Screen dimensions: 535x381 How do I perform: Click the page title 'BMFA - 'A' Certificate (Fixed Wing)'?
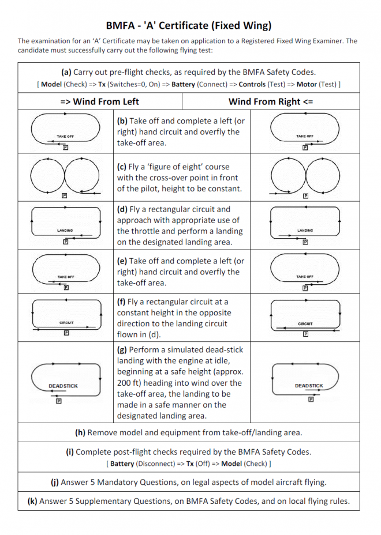coord(189,25)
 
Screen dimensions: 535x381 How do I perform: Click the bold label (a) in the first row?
coord(66,72)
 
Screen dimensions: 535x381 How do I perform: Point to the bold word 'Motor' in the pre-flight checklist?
coord(309,84)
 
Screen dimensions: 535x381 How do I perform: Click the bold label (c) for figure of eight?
coord(122,167)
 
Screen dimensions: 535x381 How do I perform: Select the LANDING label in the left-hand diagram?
coord(65,231)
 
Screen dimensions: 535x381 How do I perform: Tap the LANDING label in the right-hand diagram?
coord(305,231)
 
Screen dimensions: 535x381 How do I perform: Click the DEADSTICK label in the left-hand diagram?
coord(63,386)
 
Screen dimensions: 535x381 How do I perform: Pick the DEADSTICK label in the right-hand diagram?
coord(309,386)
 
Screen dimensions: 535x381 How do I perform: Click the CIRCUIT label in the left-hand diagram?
coord(66,323)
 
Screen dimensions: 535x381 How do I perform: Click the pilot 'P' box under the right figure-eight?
coord(305,195)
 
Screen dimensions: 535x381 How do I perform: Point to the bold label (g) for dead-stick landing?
coord(122,350)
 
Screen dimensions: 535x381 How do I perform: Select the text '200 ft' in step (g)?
coord(129,383)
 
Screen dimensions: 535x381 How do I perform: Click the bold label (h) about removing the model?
coord(81,432)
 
